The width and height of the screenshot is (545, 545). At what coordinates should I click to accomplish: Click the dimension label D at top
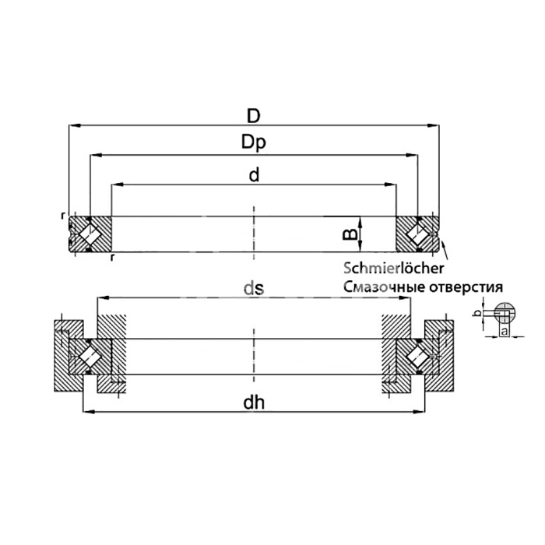[253, 116]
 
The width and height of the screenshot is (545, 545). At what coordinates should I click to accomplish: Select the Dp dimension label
[254, 142]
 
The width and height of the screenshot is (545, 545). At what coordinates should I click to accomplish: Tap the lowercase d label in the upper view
[254, 175]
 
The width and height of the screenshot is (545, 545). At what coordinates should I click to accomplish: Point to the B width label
[350, 234]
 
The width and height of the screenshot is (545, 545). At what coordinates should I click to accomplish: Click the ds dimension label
[254, 288]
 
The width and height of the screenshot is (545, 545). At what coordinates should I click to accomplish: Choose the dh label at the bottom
[254, 403]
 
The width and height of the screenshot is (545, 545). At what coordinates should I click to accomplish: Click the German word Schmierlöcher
[394, 269]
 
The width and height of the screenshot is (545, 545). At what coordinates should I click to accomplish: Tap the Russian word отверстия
[466, 287]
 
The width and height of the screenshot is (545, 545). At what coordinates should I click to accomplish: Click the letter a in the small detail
[504, 331]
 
